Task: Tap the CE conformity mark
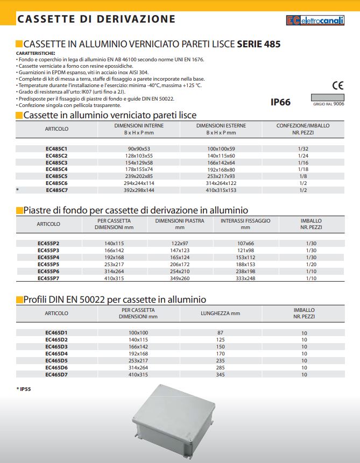337,85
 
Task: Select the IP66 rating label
280,102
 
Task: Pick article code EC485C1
57,148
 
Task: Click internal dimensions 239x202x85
139,176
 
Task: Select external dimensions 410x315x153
221,190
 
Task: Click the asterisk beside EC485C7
18,190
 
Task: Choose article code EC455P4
48,257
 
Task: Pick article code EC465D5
57,360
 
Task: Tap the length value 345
220,374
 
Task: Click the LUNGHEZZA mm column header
220,313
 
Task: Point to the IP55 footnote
24,388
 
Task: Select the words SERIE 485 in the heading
258,44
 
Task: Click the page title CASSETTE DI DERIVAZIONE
96,19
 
